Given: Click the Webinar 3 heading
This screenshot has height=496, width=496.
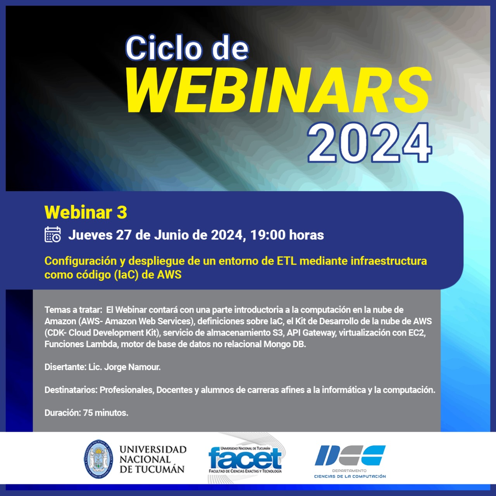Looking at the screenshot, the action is click(x=86, y=212).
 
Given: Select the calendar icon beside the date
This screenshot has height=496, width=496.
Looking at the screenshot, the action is click(x=53, y=234).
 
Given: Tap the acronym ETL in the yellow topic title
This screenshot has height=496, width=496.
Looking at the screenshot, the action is click(x=286, y=261).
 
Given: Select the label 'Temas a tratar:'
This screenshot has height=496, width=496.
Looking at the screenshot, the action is click(x=72, y=310).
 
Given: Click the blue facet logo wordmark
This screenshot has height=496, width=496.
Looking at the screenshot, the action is click(x=245, y=460).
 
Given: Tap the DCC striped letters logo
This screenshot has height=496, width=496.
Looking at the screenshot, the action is click(x=350, y=455).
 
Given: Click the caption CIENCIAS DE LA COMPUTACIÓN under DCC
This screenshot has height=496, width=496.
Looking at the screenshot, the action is click(x=350, y=477).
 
